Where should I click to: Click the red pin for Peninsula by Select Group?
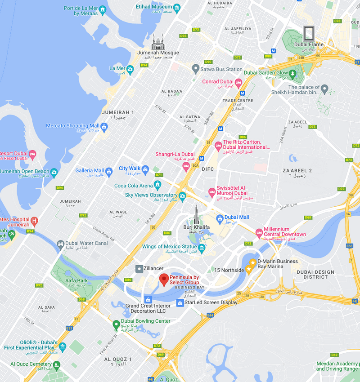163,279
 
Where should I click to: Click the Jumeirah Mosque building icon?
158,42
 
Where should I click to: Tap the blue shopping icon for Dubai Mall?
220,219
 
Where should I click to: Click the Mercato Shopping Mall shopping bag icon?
104,127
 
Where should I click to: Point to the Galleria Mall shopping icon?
108,171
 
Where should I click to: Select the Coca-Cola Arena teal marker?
157,184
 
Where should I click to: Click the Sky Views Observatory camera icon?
182,196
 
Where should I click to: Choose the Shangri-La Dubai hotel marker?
185,166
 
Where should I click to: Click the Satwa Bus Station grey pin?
195,69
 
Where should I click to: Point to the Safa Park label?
76,281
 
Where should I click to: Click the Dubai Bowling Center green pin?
116,324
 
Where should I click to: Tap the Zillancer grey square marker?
139,268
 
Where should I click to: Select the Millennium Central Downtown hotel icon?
259,232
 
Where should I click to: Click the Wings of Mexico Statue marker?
202,248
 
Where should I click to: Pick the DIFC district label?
208,169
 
